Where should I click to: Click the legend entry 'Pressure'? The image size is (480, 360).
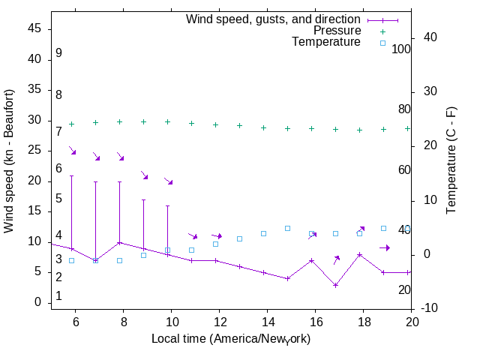point(337,31)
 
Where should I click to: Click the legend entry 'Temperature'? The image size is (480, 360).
point(326,42)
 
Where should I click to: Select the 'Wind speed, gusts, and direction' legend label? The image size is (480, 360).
point(274,19)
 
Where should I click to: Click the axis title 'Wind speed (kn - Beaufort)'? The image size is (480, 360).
point(9,160)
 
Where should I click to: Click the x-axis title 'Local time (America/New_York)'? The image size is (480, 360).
point(231,338)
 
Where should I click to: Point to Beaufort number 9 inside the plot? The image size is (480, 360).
point(58,53)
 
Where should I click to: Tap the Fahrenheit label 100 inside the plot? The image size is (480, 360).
point(401,49)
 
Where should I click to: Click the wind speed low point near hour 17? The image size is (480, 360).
point(335,285)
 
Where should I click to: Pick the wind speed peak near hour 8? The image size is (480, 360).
point(119,242)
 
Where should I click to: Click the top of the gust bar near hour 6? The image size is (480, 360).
point(71,176)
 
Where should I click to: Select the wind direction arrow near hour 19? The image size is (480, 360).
point(384,247)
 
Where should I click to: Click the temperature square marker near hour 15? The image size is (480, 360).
point(287,228)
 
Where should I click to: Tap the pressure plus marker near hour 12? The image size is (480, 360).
point(215,124)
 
